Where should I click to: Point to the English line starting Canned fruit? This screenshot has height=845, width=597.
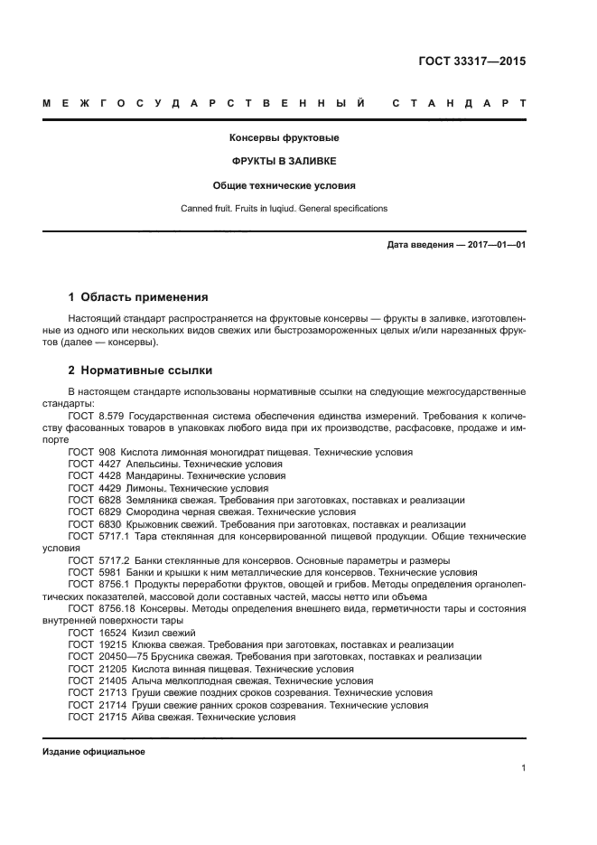(284, 208)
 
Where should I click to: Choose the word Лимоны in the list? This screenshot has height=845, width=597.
(144, 487)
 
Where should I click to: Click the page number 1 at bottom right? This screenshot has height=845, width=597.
(523, 768)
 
